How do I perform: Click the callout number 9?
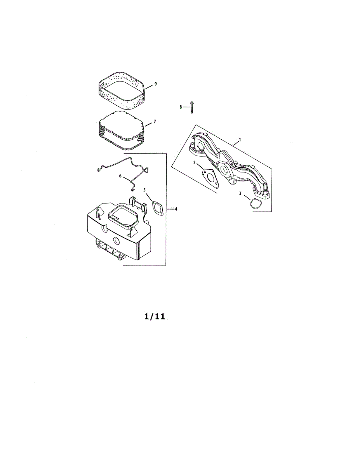pyautogui.click(x=155, y=84)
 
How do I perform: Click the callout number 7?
pyautogui.click(x=154, y=122)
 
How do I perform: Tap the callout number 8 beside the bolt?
pyautogui.click(x=181, y=107)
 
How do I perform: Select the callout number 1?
pyautogui.click(x=240, y=139)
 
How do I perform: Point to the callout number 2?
pyautogui.click(x=195, y=162)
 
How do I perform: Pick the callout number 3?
pyautogui.click(x=240, y=193)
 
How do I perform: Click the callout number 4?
pyautogui.click(x=176, y=209)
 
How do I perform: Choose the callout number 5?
pyautogui.click(x=144, y=190)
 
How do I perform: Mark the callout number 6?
pyautogui.click(x=120, y=176)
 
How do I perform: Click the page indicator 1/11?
pyautogui.click(x=155, y=317)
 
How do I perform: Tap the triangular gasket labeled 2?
pyautogui.click(x=210, y=178)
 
